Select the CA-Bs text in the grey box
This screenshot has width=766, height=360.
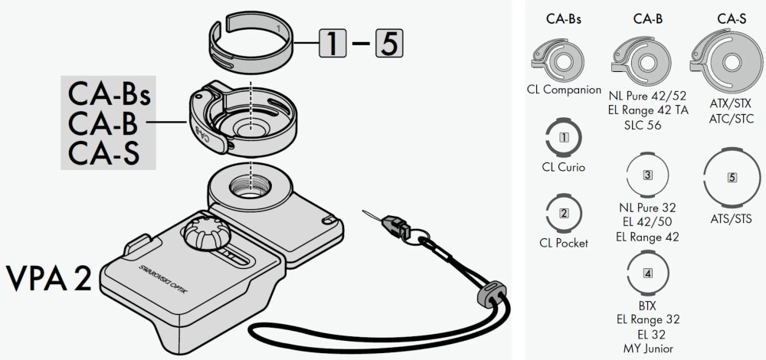[x=109, y=95]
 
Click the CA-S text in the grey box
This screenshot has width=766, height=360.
[x=104, y=152]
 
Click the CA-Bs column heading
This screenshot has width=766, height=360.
[x=564, y=19]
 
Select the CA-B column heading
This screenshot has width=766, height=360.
[x=647, y=19]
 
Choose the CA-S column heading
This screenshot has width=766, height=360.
[x=732, y=19]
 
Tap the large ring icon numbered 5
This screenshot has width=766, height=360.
[x=732, y=177]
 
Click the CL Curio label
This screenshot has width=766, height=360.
[x=564, y=166]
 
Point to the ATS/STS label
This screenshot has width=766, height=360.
[x=732, y=219]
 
